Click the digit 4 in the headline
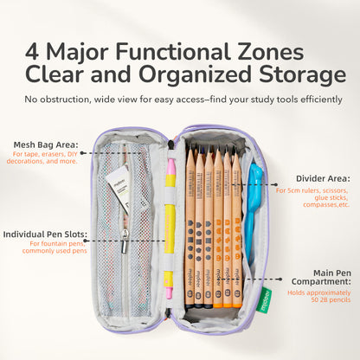pos(32,51)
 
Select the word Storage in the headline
pos(302,74)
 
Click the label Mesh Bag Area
pos(46,145)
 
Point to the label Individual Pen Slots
pos(45,235)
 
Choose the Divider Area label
pos(323,178)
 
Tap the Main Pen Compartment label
pos(321,277)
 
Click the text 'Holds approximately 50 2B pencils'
pos(319,296)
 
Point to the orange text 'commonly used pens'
pos(55,251)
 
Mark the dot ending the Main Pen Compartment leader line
pos(280,279)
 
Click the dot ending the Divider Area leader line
pos(276,184)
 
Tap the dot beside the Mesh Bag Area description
pos(82,153)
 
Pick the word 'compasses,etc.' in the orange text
pos(326,205)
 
